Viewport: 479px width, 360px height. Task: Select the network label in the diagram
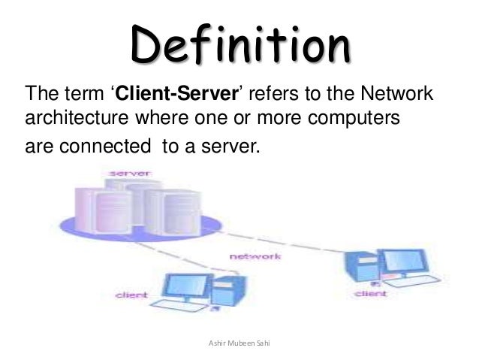[255, 256]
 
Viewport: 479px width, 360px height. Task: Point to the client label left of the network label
[131, 296]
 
